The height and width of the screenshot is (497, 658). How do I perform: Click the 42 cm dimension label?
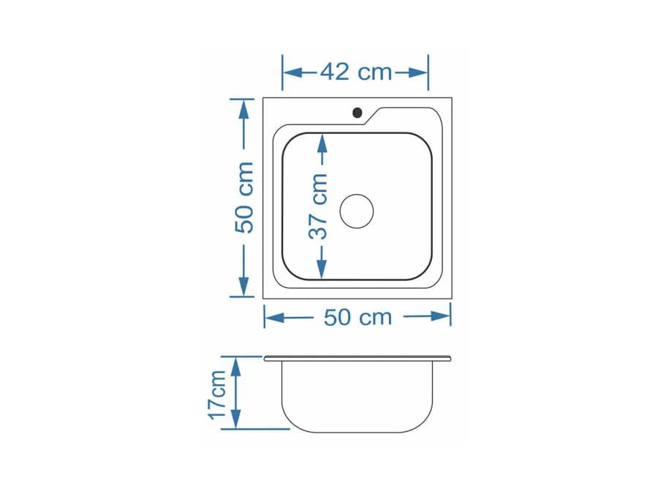tap(356, 72)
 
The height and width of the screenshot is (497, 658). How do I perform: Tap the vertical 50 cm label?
tap(244, 198)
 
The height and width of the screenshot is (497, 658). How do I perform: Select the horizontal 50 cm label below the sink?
tap(358, 317)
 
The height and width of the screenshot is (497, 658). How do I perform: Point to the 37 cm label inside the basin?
tap(318, 206)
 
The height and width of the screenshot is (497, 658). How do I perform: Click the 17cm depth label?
tap(217, 394)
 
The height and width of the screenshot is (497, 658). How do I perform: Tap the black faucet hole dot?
tap(357, 113)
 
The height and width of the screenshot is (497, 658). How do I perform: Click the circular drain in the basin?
tap(356, 211)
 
